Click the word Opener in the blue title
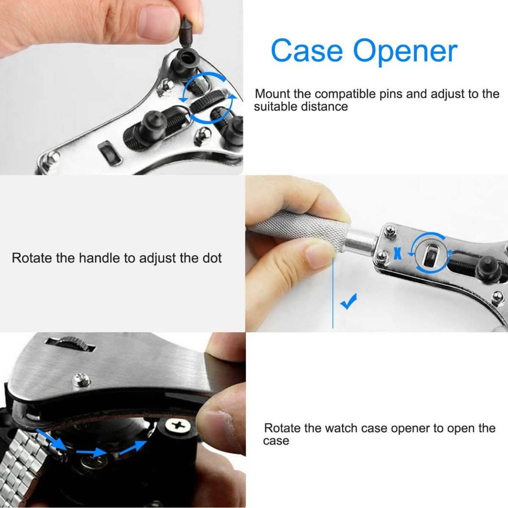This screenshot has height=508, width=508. click(x=405, y=52)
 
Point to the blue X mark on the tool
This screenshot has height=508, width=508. click(x=397, y=253)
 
